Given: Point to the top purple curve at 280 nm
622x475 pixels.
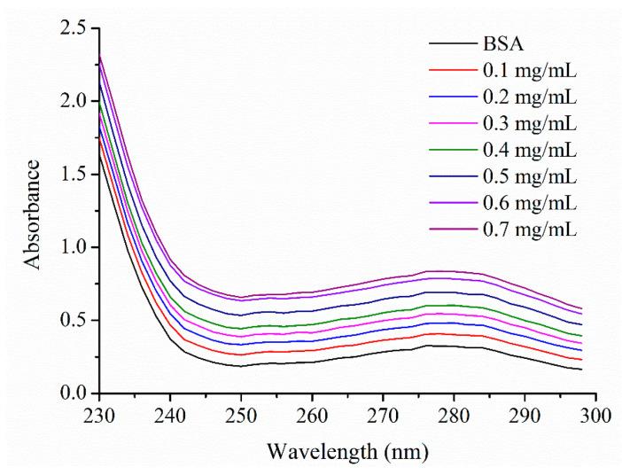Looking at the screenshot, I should coord(453,271).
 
